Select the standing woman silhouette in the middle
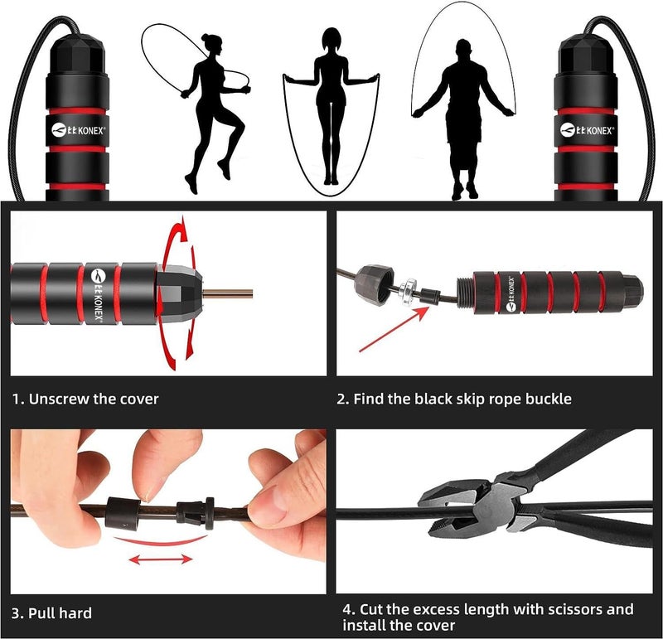pyautogui.click(x=331, y=108)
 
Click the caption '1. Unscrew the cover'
pyautogui.click(x=85, y=399)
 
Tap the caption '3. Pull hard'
pyautogui.click(x=51, y=613)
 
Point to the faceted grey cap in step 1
pyautogui.click(x=179, y=293)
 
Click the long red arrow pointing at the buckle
pyautogui.click(x=394, y=329)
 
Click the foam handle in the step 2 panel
pyautogui.click(x=547, y=293)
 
